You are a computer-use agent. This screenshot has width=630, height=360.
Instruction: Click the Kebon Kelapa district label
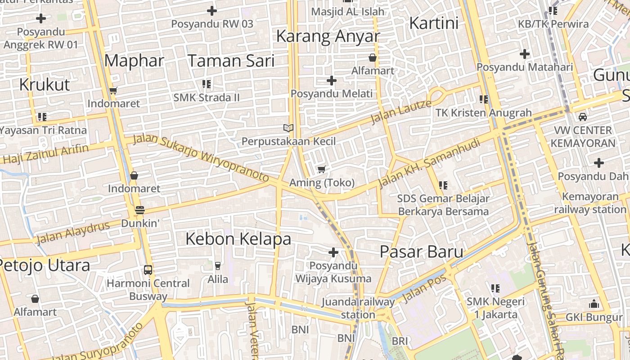[x=238, y=238]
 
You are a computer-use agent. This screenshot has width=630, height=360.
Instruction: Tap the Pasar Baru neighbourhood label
[x=421, y=252]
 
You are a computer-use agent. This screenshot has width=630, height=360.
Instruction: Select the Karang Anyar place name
[x=328, y=36]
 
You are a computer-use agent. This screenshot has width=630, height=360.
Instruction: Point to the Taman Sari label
[x=231, y=60]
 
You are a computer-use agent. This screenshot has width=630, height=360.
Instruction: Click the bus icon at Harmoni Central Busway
[x=148, y=270]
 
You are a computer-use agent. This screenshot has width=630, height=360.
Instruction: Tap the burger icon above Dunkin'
[x=140, y=210]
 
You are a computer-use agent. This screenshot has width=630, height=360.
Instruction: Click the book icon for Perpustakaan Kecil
[x=288, y=128]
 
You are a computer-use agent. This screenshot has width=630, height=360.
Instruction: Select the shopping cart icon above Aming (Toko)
[x=321, y=170]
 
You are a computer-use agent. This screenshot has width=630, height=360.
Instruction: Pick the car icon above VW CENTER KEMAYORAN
[x=583, y=117]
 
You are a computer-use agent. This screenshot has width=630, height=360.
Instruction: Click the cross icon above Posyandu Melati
[x=332, y=81]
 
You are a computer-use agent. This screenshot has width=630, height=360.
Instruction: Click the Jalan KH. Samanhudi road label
[x=430, y=163]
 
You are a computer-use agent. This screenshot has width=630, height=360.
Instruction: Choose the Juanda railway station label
[x=358, y=308]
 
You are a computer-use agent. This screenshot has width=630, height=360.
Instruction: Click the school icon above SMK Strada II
[x=207, y=84]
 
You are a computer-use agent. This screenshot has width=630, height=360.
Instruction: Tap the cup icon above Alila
[x=218, y=266]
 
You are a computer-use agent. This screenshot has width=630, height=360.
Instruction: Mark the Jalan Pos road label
[x=424, y=288]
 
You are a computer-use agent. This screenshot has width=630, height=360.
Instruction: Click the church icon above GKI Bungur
[x=594, y=304]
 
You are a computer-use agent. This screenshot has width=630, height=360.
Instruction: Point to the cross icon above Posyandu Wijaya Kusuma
[x=333, y=252]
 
